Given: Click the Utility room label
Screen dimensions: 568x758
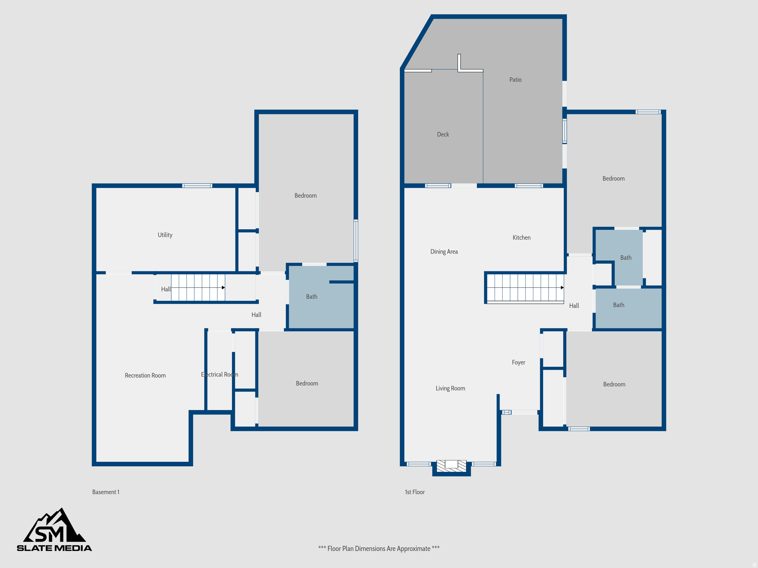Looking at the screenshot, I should point(165,235).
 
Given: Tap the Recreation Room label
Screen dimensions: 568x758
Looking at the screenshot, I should point(145,375).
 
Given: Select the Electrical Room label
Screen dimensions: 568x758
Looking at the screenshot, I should point(219,375).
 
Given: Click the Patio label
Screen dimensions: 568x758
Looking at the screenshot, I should point(515,80).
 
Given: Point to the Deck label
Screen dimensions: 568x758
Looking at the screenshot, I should point(443,134).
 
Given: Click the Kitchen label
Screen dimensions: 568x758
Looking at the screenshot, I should point(521,237).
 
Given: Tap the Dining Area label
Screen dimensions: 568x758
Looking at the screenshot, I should point(444,251).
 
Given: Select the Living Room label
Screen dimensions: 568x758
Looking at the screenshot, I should point(450,388).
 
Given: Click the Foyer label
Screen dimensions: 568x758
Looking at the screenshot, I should point(518,362).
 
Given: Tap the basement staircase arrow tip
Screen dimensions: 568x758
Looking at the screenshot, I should point(224,287).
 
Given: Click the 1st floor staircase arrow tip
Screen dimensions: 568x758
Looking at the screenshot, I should point(562,287).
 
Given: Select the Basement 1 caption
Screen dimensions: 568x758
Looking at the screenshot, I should point(105,492).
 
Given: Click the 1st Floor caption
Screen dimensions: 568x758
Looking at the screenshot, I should point(415,492).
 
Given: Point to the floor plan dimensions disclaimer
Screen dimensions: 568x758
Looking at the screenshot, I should point(379,548).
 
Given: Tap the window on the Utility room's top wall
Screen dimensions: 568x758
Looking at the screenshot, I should point(197,186).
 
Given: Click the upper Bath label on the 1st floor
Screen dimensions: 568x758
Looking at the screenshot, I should point(625,258).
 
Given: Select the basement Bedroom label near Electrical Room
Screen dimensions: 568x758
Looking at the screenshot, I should point(307,383).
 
